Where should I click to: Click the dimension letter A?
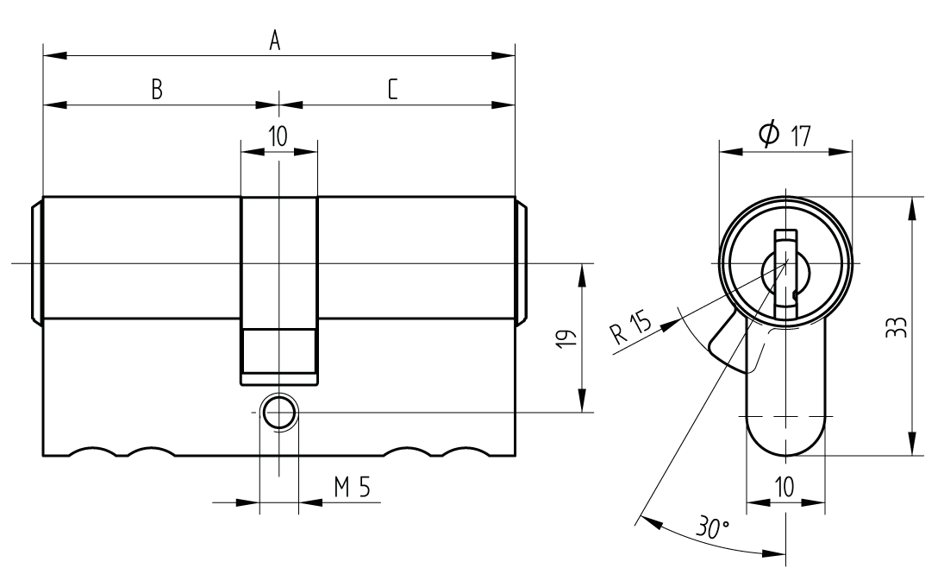coord(275,40)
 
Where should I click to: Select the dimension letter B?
coord(157,89)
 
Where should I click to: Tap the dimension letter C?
coord(392,89)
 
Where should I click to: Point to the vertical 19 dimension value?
coord(564,338)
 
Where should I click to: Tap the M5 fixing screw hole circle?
coord(278,413)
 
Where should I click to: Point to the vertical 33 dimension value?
coord(895,326)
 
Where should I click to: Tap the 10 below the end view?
coord(785,487)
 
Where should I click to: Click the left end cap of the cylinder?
coord(37,262)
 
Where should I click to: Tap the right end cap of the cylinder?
coord(521,262)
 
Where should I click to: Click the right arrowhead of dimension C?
coord(504,105)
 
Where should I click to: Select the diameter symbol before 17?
coord(769,134)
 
